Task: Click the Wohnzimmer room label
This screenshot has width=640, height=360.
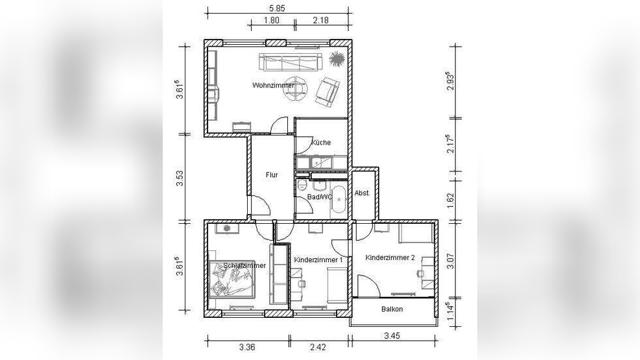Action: coord(273,86)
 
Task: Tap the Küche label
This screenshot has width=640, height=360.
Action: coord(321,143)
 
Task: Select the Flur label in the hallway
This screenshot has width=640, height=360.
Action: coord(272,174)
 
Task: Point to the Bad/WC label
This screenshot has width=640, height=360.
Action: coord(320,197)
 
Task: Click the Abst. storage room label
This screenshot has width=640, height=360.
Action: coord(362,193)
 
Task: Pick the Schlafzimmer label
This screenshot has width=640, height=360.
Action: coord(244,265)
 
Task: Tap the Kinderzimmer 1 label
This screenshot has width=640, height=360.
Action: coord(318,259)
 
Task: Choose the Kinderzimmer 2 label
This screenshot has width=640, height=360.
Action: coord(390,258)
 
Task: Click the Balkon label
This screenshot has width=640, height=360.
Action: coord(392,309)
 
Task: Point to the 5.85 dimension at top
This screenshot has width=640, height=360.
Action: coord(278,8)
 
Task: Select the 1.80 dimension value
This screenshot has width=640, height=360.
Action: coord(272,20)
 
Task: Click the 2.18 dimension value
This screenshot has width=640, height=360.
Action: coord(321,20)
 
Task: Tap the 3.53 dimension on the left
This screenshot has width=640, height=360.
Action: coord(180,178)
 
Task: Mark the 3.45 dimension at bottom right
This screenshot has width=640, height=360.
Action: coord(392,336)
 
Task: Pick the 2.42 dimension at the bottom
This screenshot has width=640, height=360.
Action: coord(318,347)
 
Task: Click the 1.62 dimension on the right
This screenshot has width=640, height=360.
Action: coord(451,201)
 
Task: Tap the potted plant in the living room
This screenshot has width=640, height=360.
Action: coord(337,59)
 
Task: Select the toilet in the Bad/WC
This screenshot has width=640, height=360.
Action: coord(302,184)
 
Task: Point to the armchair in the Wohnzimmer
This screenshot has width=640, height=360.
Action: coord(327,91)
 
